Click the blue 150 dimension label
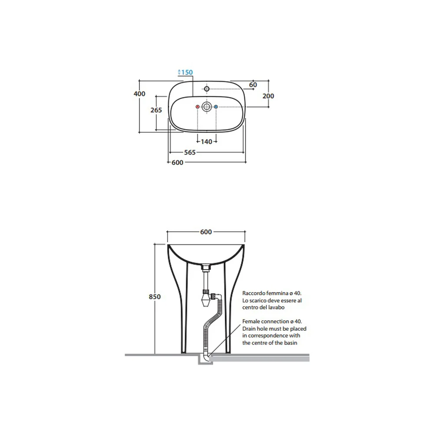[187, 72]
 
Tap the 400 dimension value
[139, 94]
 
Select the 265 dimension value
[156, 110]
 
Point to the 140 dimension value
[207, 142]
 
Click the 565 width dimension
[190, 152]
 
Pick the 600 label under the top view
[178, 163]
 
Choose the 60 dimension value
[253, 85]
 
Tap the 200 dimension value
[268, 96]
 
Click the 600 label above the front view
[206, 232]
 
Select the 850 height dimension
[155, 297]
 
